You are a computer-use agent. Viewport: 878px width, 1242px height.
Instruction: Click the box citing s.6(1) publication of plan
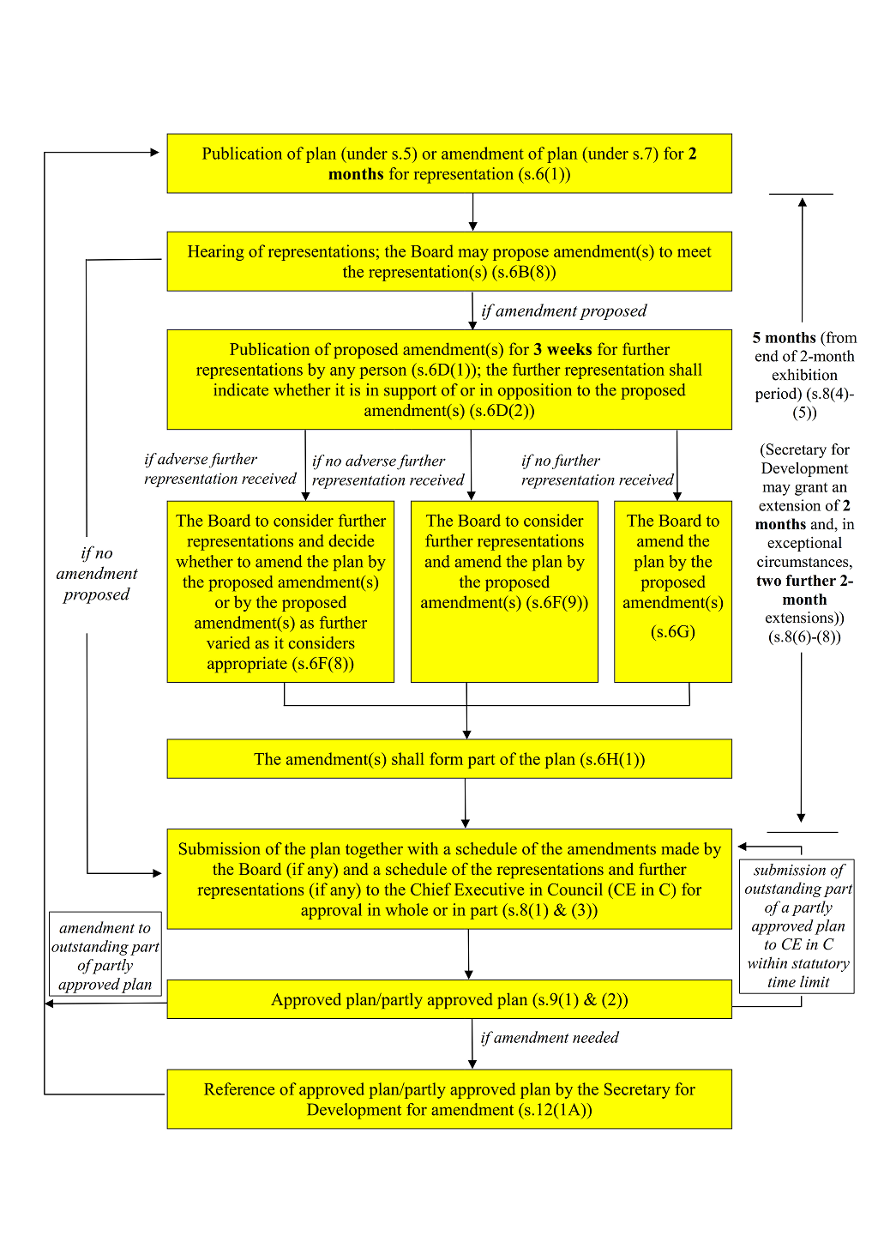click(x=449, y=163)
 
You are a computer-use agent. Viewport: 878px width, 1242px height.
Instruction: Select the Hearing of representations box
click(x=449, y=262)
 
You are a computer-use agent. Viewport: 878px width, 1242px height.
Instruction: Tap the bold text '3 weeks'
click(x=562, y=350)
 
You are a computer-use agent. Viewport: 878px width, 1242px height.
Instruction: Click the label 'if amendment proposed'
click(x=563, y=310)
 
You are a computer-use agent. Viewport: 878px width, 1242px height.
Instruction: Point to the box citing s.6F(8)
click(x=280, y=592)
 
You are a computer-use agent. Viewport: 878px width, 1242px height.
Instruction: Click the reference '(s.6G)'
click(x=673, y=632)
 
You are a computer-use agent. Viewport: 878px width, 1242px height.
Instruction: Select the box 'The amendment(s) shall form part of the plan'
click(x=449, y=759)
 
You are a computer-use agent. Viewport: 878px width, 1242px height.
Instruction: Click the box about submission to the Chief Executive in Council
click(x=449, y=879)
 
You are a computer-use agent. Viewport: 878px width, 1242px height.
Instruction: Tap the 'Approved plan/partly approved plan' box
click(x=449, y=1000)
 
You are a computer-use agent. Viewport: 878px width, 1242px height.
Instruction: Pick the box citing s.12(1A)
click(x=449, y=1099)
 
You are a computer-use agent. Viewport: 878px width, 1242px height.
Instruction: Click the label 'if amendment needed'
click(x=549, y=1038)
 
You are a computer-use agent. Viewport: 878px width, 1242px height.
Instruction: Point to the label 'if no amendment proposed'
click(x=96, y=574)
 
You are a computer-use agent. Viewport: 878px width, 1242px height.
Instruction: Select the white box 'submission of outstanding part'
click(x=797, y=926)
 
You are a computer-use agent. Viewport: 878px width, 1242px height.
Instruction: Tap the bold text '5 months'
click(x=784, y=338)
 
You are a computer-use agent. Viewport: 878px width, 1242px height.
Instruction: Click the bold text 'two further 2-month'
click(x=804, y=590)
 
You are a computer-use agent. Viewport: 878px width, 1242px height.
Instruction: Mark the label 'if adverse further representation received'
click(x=219, y=469)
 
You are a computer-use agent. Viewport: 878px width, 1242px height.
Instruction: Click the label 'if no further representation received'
click(x=597, y=470)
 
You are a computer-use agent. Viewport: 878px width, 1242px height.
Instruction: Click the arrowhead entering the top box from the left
click(x=155, y=153)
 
